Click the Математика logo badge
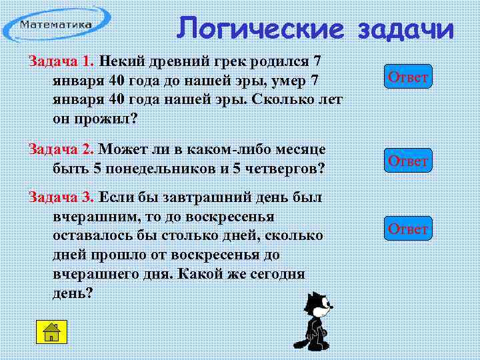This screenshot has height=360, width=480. [x=57, y=25]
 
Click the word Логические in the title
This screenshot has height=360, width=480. [x=261, y=28]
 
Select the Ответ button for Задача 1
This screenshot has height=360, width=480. [x=408, y=77]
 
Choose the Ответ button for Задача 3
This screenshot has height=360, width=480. [x=408, y=229]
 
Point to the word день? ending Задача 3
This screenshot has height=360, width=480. [x=73, y=293]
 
